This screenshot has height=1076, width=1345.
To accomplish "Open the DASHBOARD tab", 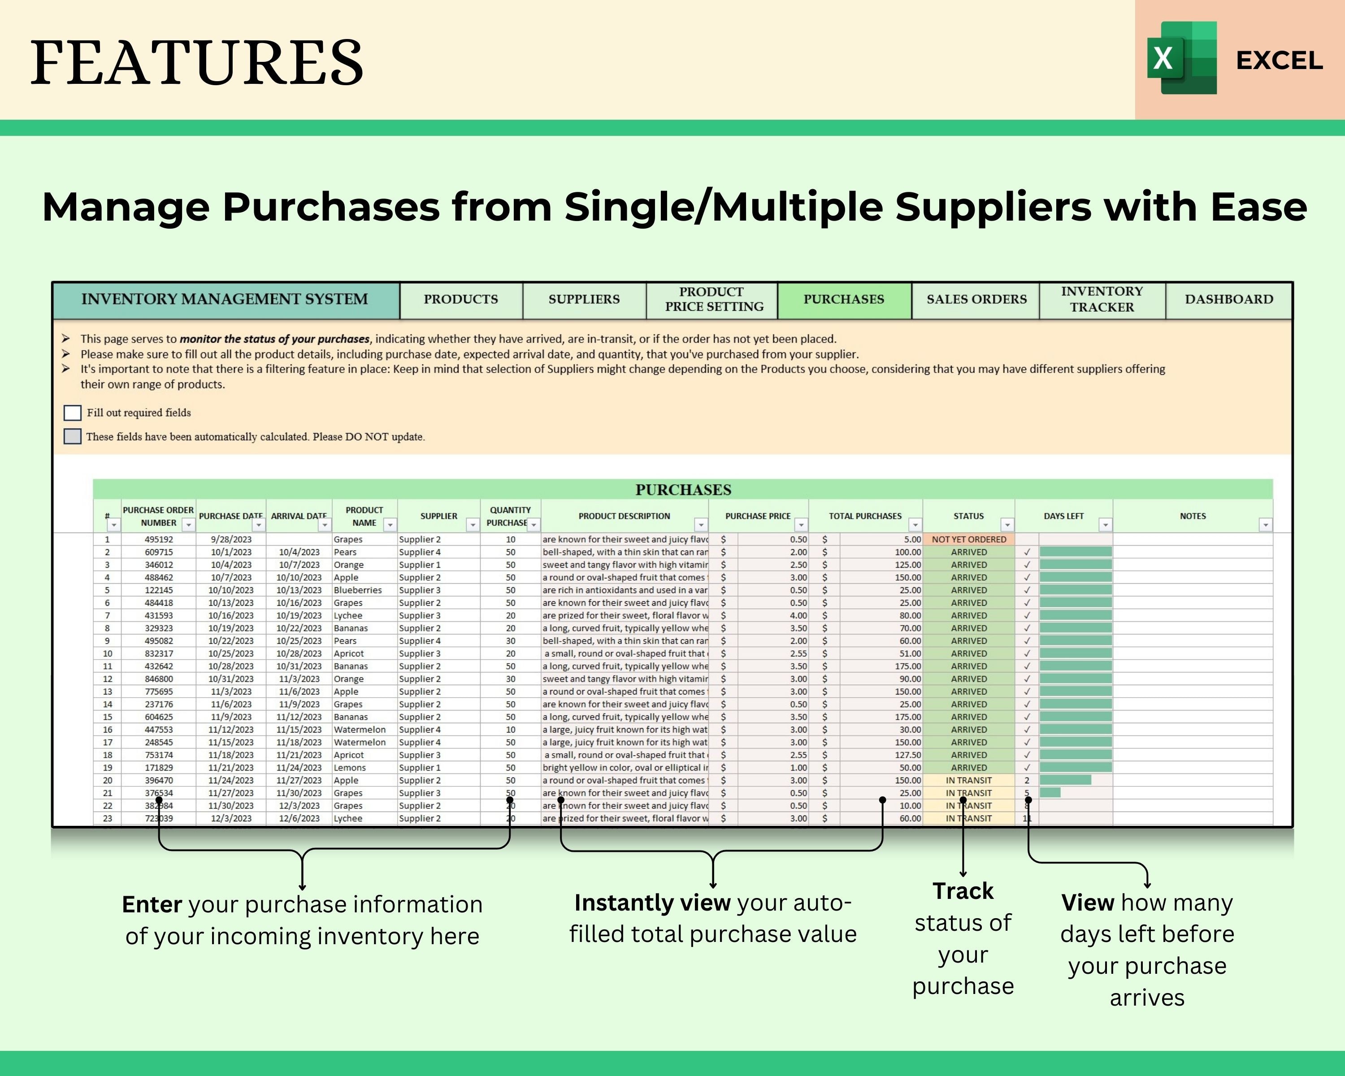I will pos(1228,299).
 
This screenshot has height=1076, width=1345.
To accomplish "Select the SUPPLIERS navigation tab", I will pos(584,299).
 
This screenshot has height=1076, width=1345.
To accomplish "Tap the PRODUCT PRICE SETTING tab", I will pos(713,299).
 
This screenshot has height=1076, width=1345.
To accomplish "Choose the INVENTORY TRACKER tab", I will pos(1102,299).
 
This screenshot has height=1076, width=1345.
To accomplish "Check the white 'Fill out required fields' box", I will pos(72,413).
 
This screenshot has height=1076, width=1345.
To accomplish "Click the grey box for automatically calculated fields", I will pos(72,437).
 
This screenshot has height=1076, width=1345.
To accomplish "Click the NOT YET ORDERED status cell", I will pos(968,539).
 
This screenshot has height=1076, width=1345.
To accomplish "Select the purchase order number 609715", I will pos(158,552).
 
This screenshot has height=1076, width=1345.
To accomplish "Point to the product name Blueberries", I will pos(357,590).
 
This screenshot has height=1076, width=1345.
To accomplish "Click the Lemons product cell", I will pos(349,768).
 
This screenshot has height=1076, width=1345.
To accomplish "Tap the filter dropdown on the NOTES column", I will pos(1265,525).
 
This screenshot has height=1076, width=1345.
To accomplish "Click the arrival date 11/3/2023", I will pos(299,679).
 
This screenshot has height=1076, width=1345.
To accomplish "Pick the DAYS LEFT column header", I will pos(1063,516).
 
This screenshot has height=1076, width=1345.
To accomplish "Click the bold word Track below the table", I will pos(963,891).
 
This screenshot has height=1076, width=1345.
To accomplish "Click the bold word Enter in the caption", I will pos(152,904).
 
